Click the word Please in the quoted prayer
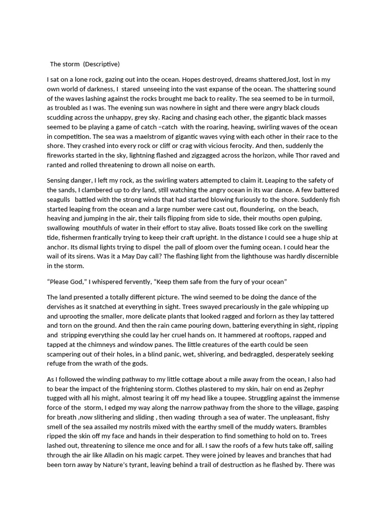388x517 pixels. point(61,281)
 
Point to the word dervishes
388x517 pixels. point(64,306)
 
